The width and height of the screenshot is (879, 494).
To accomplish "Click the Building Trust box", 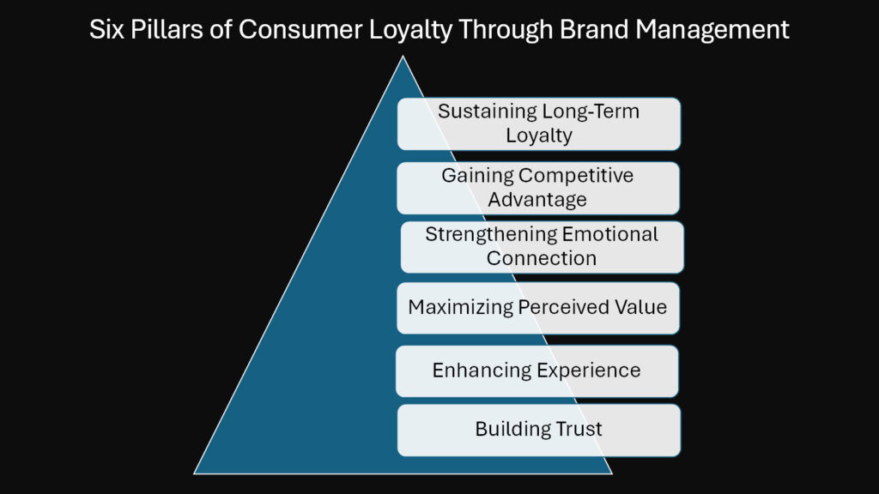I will [x=538, y=430].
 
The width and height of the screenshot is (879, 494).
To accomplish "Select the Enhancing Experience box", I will [x=536, y=370].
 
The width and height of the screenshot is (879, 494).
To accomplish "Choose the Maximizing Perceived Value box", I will [x=537, y=307].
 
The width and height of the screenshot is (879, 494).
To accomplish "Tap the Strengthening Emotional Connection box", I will [x=542, y=246].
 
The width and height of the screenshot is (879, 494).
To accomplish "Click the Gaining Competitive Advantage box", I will [x=537, y=188].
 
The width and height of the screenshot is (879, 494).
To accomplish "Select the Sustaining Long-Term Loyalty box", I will [x=538, y=123].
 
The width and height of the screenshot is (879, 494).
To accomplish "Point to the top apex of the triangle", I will [x=402, y=57].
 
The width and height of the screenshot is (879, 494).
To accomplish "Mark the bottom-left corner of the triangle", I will [x=195, y=473].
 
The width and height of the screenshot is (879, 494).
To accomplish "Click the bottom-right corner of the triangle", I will [x=610, y=473].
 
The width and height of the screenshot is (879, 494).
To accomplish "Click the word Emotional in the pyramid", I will [x=610, y=235].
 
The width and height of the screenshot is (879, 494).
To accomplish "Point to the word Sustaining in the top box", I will [x=487, y=111].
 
